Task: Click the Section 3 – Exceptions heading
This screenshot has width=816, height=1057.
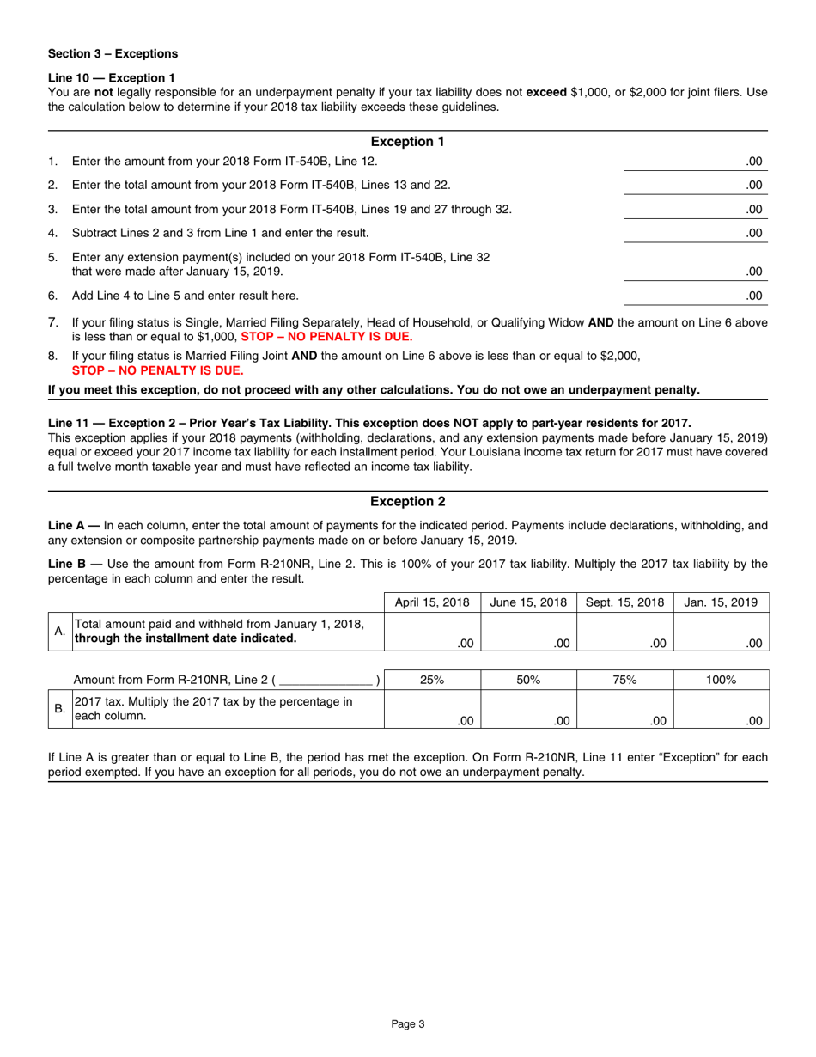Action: point(113,53)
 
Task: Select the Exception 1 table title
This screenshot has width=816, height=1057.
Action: point(407,142)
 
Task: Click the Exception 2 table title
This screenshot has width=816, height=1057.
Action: point(407,501)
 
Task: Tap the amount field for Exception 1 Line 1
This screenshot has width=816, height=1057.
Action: point(694,161)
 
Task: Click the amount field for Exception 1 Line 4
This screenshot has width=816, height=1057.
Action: point(694,232)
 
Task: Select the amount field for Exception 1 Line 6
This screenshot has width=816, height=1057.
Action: point(694,296)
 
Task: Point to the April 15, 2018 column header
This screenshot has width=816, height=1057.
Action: point(432,602)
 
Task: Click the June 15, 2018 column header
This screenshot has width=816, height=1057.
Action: point(528,602)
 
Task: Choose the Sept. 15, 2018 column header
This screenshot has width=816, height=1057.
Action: point(624,602)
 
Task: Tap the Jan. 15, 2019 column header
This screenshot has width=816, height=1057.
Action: point(721,602)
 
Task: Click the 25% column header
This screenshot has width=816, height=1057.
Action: point(432,680)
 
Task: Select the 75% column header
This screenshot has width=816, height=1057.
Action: point(624,680)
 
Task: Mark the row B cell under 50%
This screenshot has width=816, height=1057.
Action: point(528,710)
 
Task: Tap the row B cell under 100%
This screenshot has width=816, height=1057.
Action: point(721,710)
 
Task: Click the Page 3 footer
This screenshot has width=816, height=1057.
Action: point(408,1023)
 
